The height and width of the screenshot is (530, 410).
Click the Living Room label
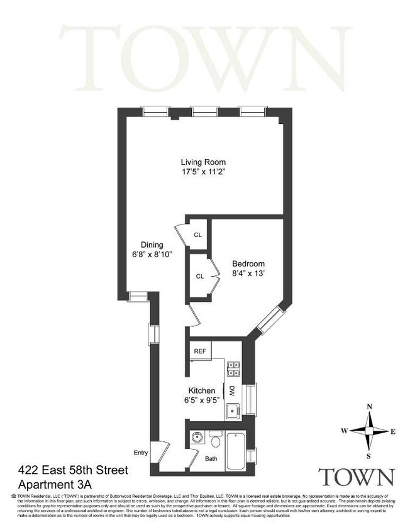pyautogui.click(x=199, y=162)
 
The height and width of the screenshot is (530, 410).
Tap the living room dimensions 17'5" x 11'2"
pyautogui.click(x=199, y=173)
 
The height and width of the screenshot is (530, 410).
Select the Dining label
pyautogui.click(x=152, y=245)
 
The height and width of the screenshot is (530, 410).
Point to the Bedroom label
pyautogui.click(x=248, y=263)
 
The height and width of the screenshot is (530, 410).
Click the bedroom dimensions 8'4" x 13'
pyautogui.click(x=248, y=273)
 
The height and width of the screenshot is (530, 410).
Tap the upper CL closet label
pyautogui.click(x=198, y=235)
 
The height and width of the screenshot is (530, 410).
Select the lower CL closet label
pyautogui.click(x=199, y=275)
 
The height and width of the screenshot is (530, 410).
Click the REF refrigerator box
pyautogui.click(x=200, y=351)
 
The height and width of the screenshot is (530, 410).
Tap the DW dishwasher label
pyautogui.click(x=231, y=390)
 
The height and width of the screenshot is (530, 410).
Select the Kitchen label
pyautogui.click(x=203, y=390)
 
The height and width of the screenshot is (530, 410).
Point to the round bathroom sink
pyautogui.click(x=196, y=437)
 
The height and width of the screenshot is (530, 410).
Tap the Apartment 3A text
pyautogui.click(x=55, y=484)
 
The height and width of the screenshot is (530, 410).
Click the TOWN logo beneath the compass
pyautogui.click(x=357, y=477)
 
